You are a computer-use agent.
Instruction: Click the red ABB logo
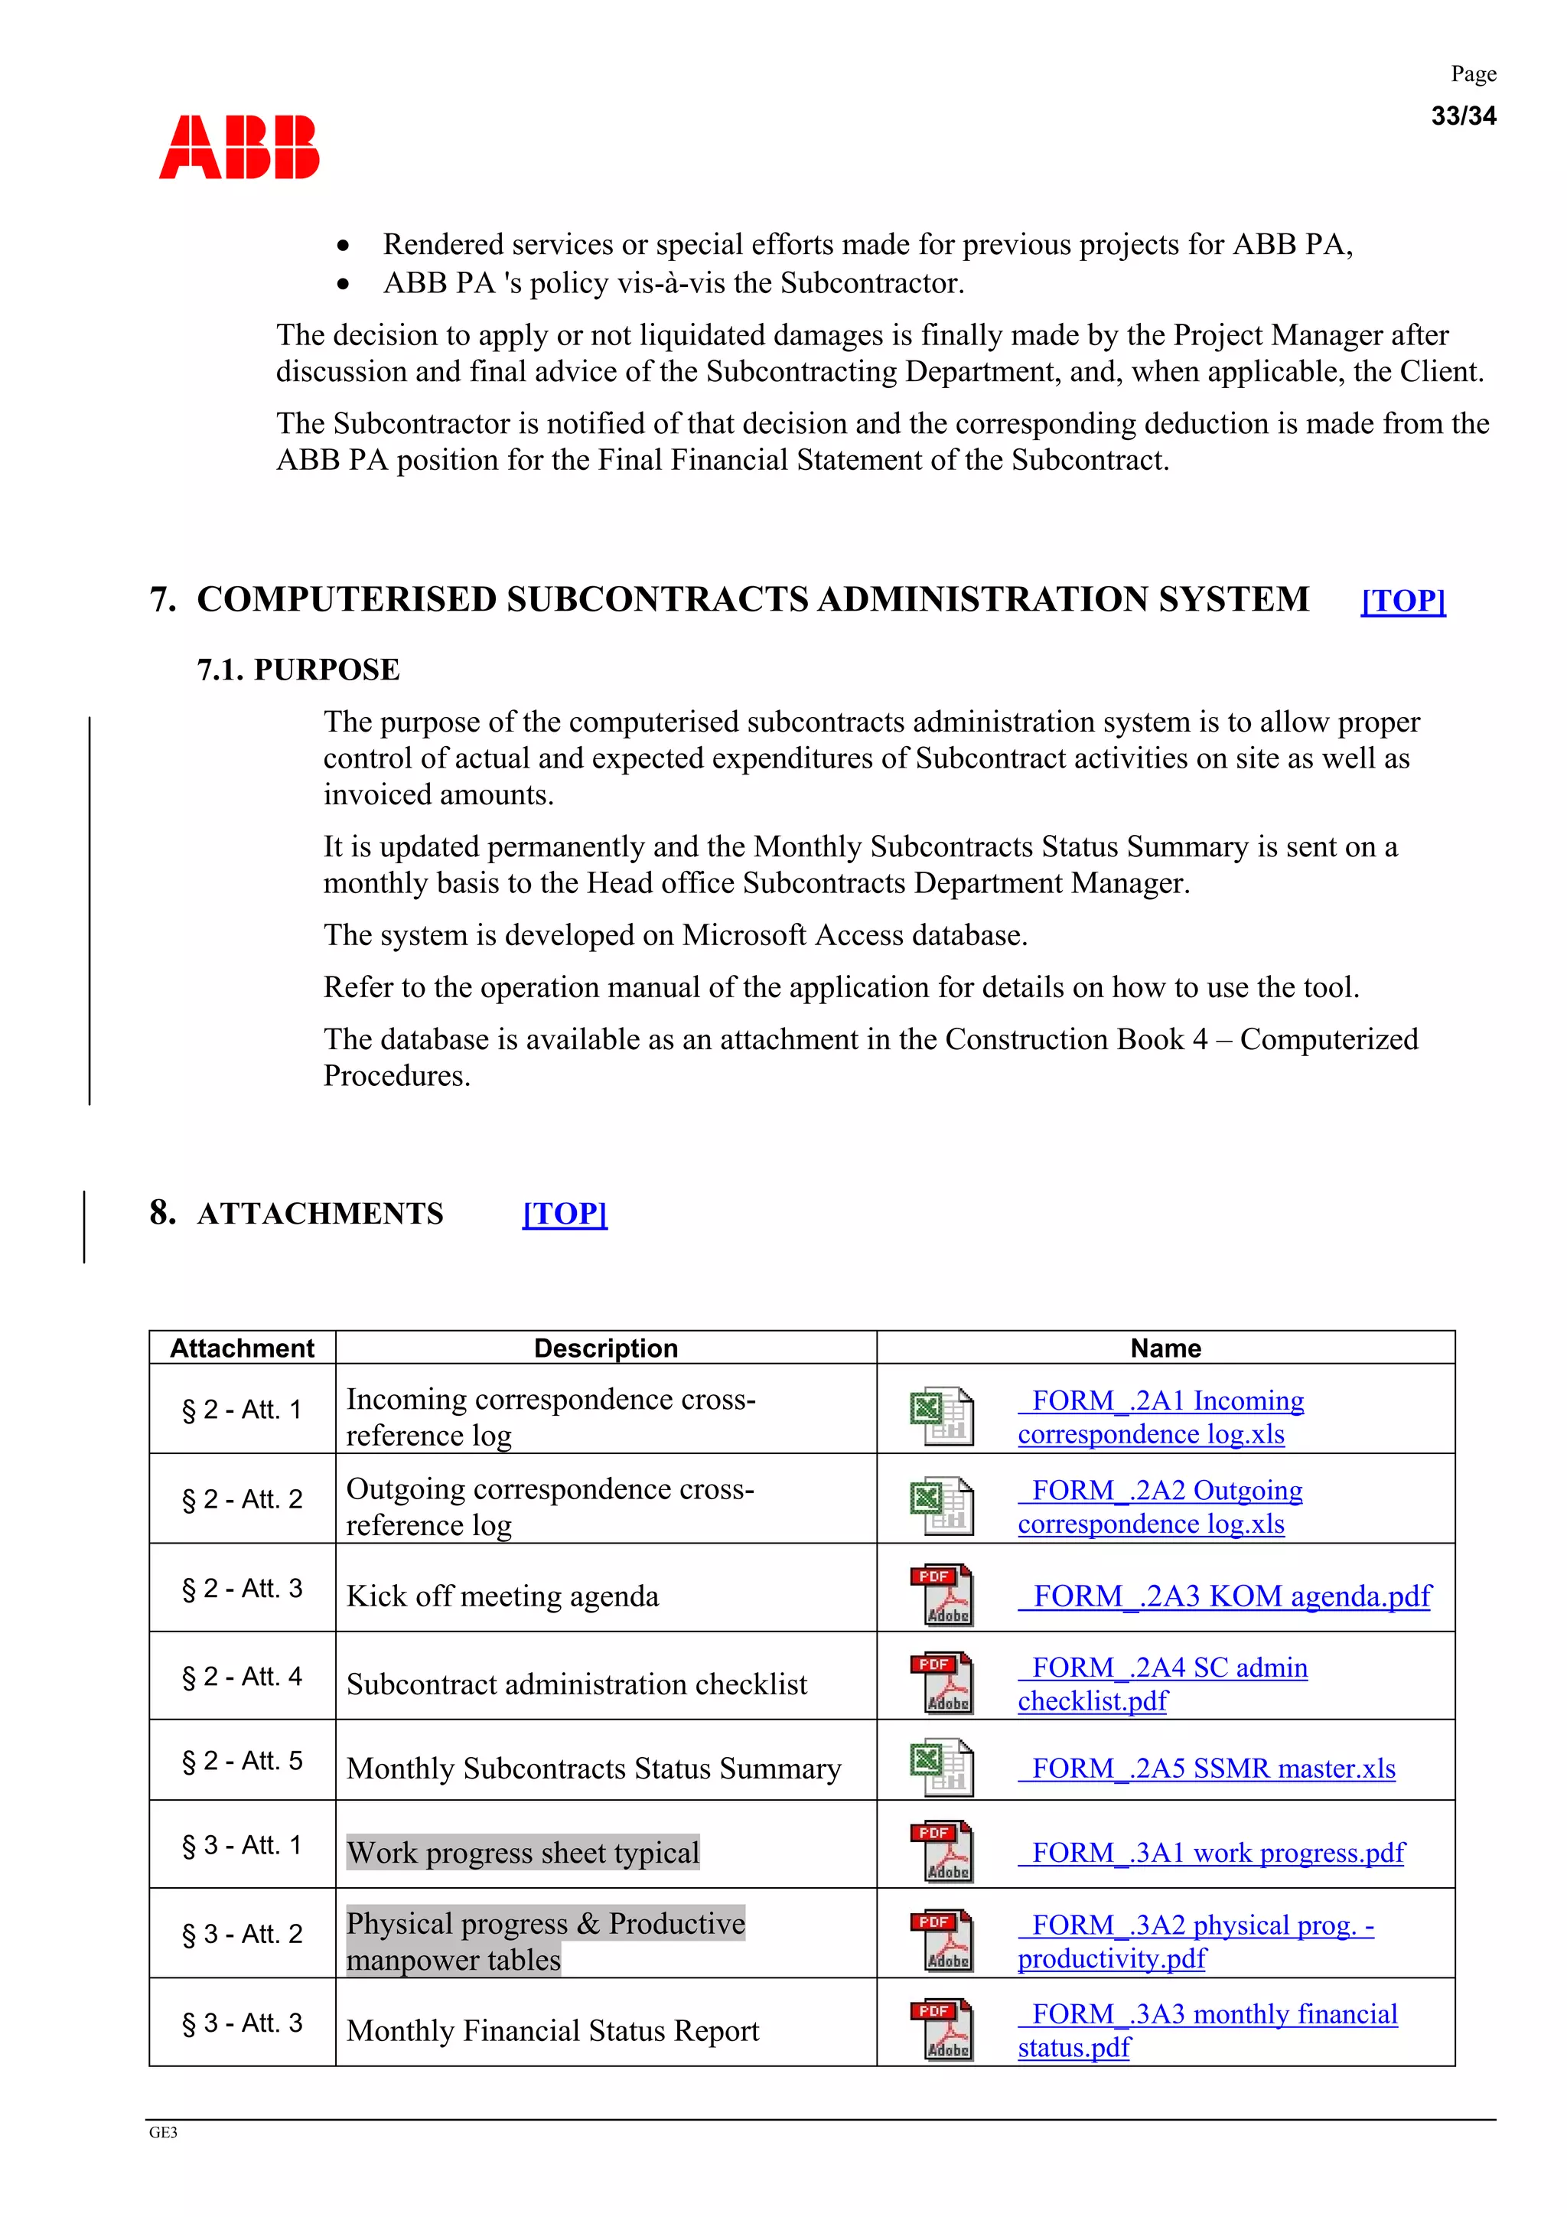(x=239, y=148)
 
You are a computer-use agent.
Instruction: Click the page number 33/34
(x=1463, y=116)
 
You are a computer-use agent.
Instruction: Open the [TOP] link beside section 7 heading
(x=1402, y=601)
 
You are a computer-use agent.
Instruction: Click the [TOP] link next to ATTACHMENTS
(x=564, y=1213)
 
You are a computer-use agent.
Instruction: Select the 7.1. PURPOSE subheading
(x=298, y=669)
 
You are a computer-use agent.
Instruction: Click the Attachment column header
(x=243, y=1348)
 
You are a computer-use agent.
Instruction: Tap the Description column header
(x=605, y=1348)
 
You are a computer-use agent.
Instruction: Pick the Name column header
(x=1165, y=1348)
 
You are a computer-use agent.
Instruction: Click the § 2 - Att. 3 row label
(x=243, y=1589)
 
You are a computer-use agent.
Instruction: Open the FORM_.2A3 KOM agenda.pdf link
(x=1224, y=1596)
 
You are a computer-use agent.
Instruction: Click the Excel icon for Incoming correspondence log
(x=941, y=1416)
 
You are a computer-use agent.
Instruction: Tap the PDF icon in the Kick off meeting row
(x=941, y=1595)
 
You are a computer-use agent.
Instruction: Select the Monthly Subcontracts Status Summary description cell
(x=593, y=1768)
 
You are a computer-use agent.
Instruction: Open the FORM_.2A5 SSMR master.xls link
(x=1207, y=1768)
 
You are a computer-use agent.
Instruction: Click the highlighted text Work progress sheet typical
(x=523, y=1852)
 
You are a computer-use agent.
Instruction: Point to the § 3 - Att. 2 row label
(x=243, y=1934)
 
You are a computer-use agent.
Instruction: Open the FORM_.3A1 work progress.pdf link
(x=1212, y=1852)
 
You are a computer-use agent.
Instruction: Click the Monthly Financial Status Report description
(x=552, y=2030)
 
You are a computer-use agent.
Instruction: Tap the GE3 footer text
(x=163, y=2132)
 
